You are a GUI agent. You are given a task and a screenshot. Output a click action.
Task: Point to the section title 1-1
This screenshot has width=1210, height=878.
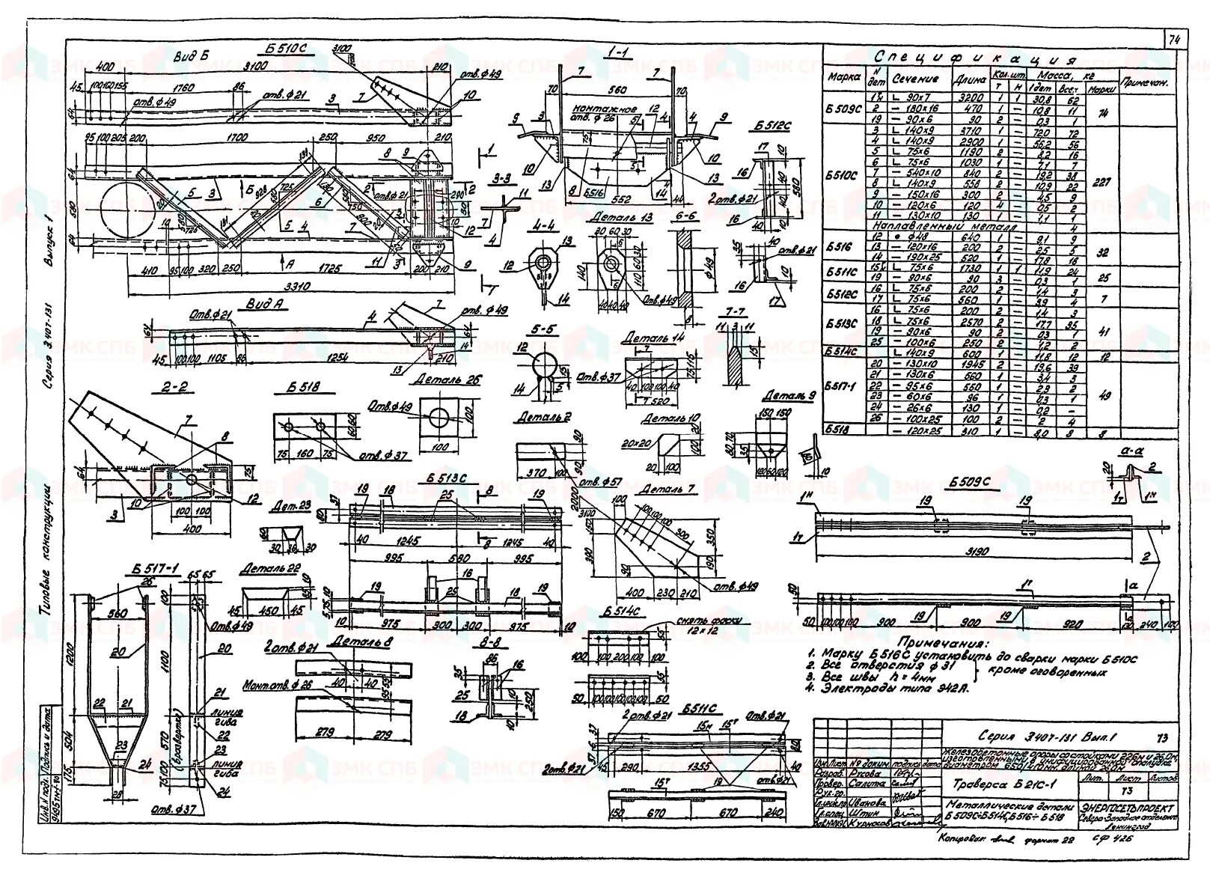coord(618,54)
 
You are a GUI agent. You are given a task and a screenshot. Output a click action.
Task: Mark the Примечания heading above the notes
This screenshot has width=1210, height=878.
coord(943,643)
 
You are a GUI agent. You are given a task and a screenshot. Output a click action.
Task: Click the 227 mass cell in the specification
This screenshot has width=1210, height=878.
coord(1101,180)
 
